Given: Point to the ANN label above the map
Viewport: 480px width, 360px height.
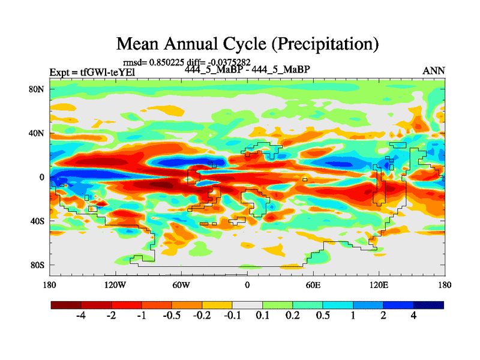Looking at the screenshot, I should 434,71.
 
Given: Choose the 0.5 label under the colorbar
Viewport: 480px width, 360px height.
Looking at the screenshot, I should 323,316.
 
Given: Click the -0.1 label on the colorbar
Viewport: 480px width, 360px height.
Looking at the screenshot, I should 232,316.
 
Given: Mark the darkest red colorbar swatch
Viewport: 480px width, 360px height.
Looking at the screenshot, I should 66,305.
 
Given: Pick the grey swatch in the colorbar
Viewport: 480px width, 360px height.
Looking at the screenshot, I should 247,305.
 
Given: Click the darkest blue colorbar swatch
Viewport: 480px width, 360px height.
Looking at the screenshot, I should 428,305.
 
